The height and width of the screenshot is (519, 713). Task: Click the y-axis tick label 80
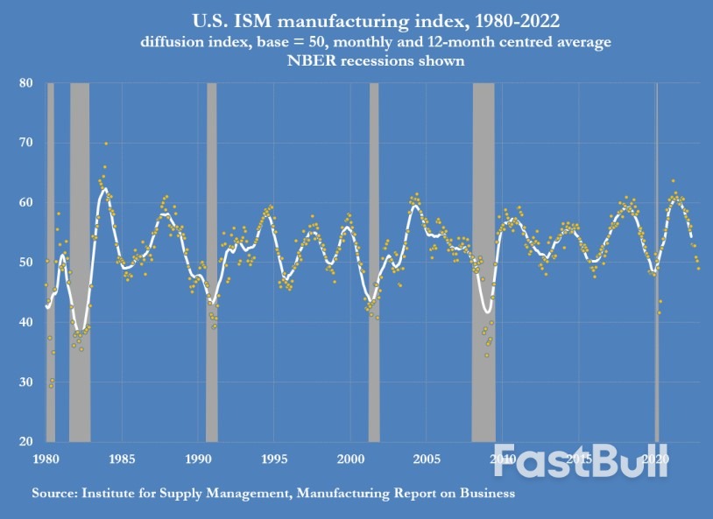(26, 83)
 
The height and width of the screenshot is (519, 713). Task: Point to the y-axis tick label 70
(26, 143)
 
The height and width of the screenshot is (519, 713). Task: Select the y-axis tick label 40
(26, 322)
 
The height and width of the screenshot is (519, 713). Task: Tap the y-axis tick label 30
(26, 382)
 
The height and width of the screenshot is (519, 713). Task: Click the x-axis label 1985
(122, 458)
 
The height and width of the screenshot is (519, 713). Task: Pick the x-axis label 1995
(274, 458)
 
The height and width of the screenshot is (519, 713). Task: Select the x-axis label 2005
(427, 458)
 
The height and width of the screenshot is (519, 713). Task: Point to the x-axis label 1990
(198, 458)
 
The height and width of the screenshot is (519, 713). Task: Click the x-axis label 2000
(350, 458)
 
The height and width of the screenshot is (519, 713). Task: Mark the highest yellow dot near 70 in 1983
(106, 144)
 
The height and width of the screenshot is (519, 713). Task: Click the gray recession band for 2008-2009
(484, 263)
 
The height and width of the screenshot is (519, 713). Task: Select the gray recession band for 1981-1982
(80, 263)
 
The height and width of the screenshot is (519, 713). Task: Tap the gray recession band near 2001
(374, 263)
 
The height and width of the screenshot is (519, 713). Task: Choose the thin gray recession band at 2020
(657, 263)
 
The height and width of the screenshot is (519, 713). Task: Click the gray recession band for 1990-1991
(212, 263)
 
